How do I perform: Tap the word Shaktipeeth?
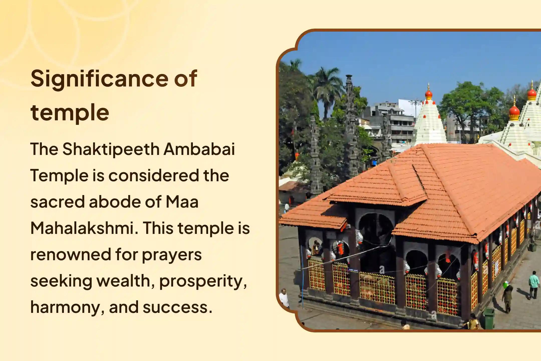click(x=111, y=149)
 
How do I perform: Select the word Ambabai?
click(x=199, y=149)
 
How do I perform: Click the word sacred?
click(x=57, y=202)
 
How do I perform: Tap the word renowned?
click(x=71, y=254)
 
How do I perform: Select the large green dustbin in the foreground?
click(x=489, y=318)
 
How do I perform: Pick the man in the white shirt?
click(x=284, y=298)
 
